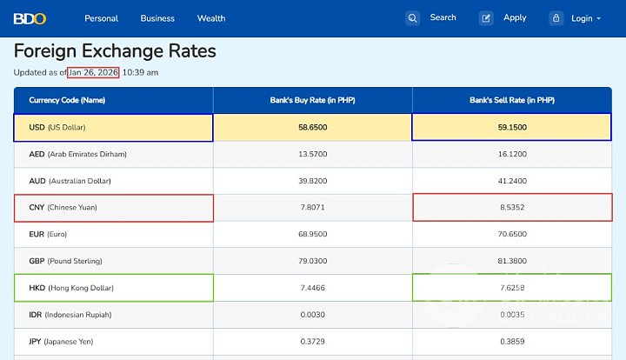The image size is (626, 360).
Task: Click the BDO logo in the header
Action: point(30,18)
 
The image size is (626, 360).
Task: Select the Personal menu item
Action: point(101,18)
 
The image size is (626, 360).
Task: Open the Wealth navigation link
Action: point(211,18)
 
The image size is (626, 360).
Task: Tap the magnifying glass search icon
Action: point(413,17)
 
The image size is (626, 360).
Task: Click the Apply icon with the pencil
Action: point(487,17)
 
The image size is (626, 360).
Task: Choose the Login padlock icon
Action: point(556,17)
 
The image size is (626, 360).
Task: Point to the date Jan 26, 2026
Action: point(93,72)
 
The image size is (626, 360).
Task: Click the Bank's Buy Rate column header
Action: point(312,100)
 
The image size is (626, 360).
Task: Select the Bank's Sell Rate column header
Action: point(511,100)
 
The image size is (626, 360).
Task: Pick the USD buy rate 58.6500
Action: point(312,127)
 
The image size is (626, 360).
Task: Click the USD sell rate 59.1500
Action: point(511,127)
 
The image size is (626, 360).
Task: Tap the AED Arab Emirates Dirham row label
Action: point(77,154)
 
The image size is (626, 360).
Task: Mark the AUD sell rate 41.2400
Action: point(511,181)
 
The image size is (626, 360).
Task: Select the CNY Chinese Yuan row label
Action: point(63,208)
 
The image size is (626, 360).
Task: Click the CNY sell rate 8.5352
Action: point(511,208)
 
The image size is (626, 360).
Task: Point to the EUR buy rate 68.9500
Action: point(312,234)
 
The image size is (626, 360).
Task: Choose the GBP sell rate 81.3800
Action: point(511,261)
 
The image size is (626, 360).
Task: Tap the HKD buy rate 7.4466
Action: point(312,288)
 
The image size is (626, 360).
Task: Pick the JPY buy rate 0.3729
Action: point(312,341)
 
